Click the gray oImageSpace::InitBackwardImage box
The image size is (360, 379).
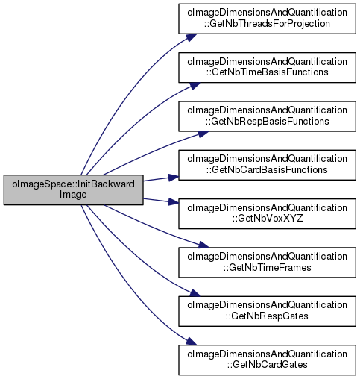pos(73,189)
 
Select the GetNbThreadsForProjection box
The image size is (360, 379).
pos(267,19)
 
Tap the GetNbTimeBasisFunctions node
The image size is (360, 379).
pos(267,67)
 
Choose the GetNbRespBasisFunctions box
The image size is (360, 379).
pos(267,116)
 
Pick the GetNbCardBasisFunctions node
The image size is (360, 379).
pos(267,165)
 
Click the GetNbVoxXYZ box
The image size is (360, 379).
pos(267,213)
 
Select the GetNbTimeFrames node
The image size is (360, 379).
pos(267,263)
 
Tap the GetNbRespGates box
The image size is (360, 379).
pos(267,311)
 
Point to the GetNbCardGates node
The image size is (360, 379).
pos(267,360)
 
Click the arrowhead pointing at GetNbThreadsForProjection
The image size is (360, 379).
pos(192,37)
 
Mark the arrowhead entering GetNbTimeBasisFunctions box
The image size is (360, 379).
pos(195,86)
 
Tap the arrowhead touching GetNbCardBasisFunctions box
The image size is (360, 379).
pos(174,178)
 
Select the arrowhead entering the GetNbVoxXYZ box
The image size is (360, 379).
pos(174,201)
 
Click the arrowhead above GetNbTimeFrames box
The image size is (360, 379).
pos(203,245)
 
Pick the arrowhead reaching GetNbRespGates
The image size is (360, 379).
pos(195,292)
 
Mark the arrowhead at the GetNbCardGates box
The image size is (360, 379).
pos(192,341)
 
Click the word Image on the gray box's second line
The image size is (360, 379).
pos(73,195)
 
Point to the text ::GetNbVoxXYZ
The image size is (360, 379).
pos(268,219)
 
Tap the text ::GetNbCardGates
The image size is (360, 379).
pos(267,365)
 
